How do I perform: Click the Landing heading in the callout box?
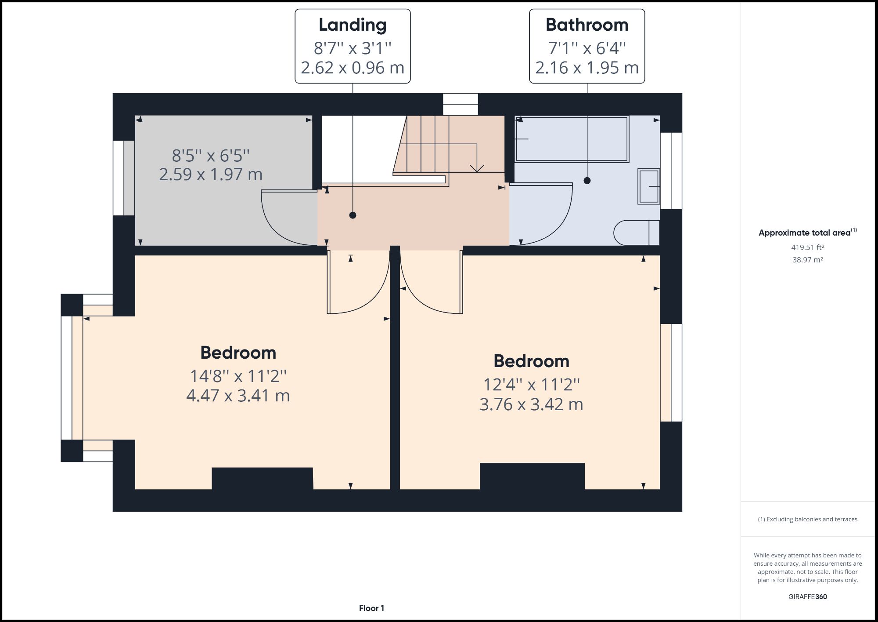[353, 25]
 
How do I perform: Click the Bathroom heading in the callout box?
[587, 25]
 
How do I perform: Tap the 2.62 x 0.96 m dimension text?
[353, 68]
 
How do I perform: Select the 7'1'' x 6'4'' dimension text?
[587, 47]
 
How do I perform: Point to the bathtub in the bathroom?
[572, 139]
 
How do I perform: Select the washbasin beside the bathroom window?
[649, 186]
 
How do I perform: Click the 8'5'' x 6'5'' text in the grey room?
[211, 156]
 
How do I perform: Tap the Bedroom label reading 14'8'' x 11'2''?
[238, 353]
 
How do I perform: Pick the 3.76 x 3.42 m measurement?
[531, 404]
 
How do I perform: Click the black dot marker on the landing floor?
[353, 215]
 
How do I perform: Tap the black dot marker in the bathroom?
[587, 181]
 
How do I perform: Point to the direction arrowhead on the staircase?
[477, 168]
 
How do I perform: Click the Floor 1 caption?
[371, 608]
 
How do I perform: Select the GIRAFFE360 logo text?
[807, 597]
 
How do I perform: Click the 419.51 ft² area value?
[807, 247]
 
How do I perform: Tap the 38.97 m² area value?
[807, 260]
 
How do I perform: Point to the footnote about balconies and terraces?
[807, 519]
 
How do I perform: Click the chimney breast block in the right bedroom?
[532, 476]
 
